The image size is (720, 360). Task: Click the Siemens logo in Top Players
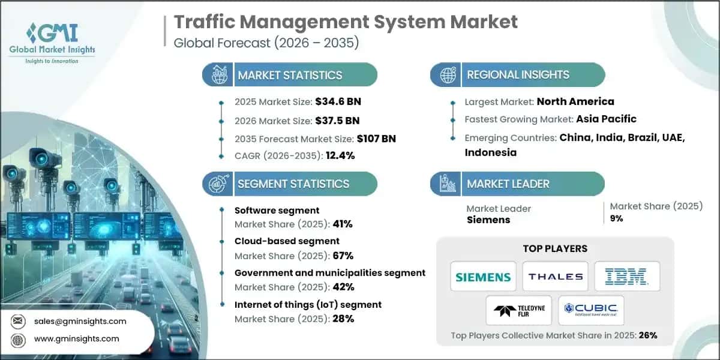(483, 277)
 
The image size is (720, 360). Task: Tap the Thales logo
(555, 277)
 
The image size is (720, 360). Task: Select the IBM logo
(627, 277)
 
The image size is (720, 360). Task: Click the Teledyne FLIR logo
(519, 310)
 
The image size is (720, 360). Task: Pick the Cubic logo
(591, 310)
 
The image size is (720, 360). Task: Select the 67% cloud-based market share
(341, 256)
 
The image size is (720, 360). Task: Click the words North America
(575, 101)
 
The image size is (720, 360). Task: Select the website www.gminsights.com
(77, 338)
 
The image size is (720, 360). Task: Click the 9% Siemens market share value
(617, 219)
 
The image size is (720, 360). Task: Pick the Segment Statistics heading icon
(217, 184)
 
